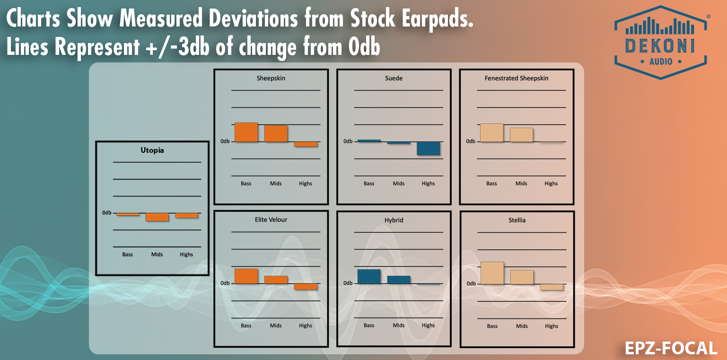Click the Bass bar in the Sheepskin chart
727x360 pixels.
coord(246,132)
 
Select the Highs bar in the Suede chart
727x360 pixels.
coord(428,148)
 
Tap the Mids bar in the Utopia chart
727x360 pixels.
coord(157,217)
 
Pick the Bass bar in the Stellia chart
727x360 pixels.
coord(492,273)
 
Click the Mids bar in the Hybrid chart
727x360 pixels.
coord(399,280)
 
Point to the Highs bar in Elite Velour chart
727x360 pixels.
coord(306,287)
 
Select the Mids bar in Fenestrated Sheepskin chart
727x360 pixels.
coord(521,135)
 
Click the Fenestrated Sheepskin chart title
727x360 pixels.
coord(517,78)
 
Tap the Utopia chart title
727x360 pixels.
coord(152,150)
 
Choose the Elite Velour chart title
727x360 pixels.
coord(271,220)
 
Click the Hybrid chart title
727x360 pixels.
coord(394,220)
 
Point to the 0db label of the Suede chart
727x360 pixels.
coord(348,141)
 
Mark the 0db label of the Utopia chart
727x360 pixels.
coord(107,212)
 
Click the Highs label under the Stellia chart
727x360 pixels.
coord(552,326)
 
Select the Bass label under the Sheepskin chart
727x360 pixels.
coord(246,184)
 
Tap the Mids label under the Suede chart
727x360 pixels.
coord(399,184)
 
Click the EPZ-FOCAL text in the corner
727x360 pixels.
coord(671,349)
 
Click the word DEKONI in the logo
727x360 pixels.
coord(660,45)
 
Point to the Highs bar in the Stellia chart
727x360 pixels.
coord(552,287)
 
